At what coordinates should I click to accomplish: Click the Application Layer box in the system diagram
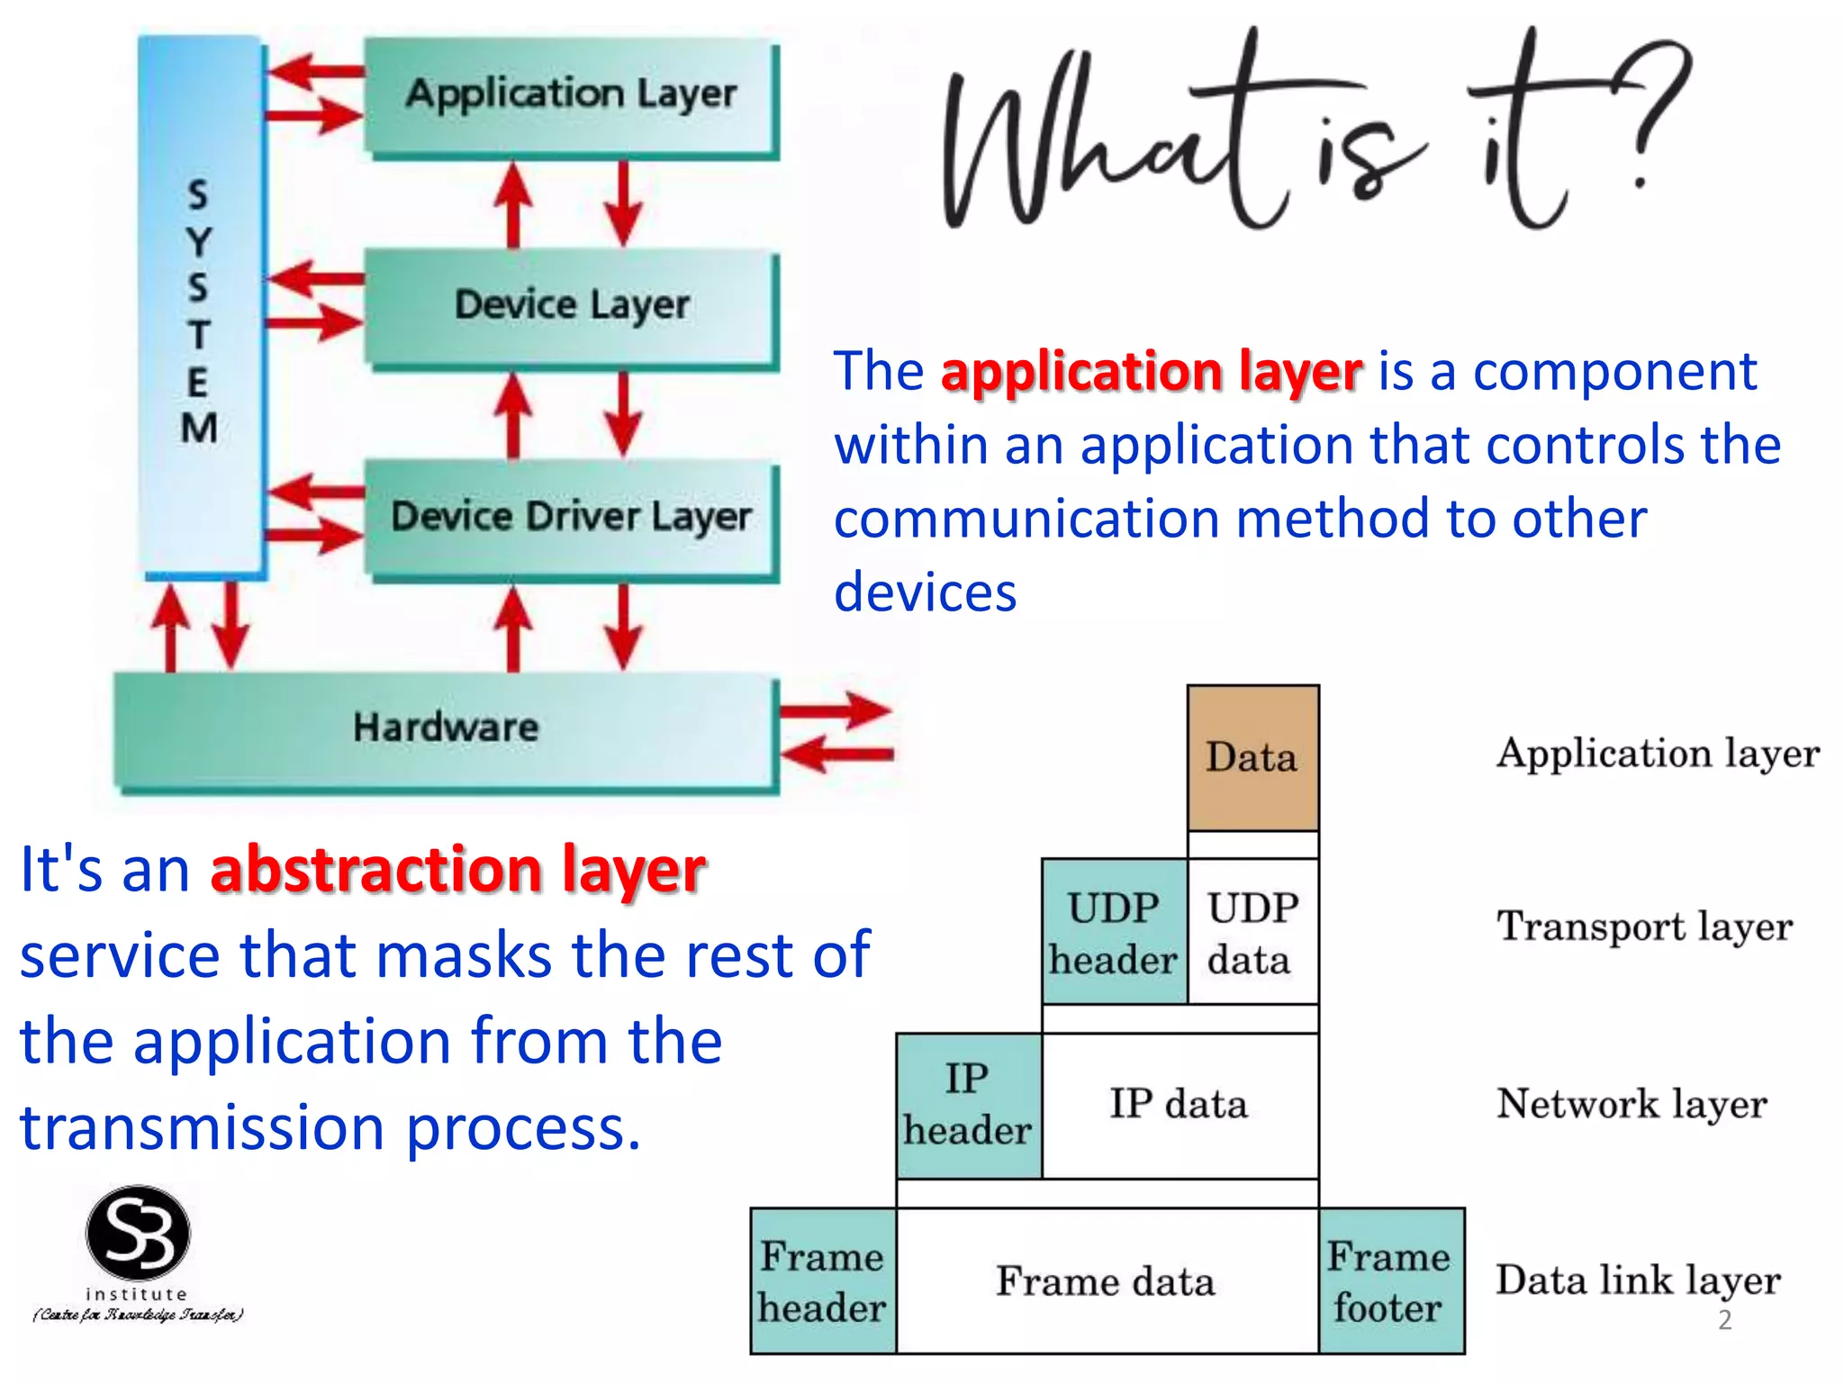[570, 95]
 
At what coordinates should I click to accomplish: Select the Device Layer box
[570, 306]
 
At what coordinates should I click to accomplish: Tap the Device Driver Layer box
[570, 517]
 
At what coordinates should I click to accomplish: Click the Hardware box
[445, 729]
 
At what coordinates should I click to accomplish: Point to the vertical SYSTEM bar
[200, 306]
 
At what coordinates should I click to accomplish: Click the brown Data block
[1252, 757]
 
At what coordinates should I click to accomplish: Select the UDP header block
[1114, 932]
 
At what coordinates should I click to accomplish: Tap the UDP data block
[1252, 932]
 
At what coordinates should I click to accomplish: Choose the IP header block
[968, 1106]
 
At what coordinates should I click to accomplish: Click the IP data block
[1180, 1106]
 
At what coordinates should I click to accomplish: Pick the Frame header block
[822, 1281]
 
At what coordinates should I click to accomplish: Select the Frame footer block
[1390, 1281]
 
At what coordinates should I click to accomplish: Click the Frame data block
[1107, 1281]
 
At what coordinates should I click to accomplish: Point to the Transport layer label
[1644, 927]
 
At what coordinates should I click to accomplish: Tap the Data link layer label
[1638, 1281]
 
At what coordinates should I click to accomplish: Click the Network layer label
[1632, 1105]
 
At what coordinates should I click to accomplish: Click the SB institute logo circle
[138, 1234]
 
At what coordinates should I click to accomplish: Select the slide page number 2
[1724, 1320]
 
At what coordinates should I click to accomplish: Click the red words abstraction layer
[457, 871]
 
